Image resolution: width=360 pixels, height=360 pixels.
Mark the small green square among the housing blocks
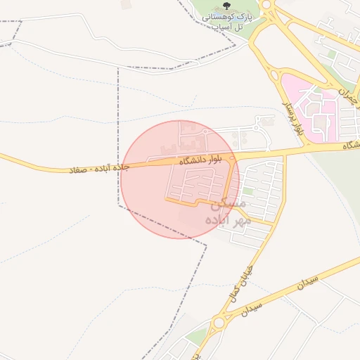[248, 191]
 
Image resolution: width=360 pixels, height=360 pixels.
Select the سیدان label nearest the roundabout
[252, 309]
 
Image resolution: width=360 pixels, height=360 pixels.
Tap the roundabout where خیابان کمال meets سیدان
[220, 322]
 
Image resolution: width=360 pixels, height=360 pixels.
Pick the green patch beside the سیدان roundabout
[199, 336]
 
